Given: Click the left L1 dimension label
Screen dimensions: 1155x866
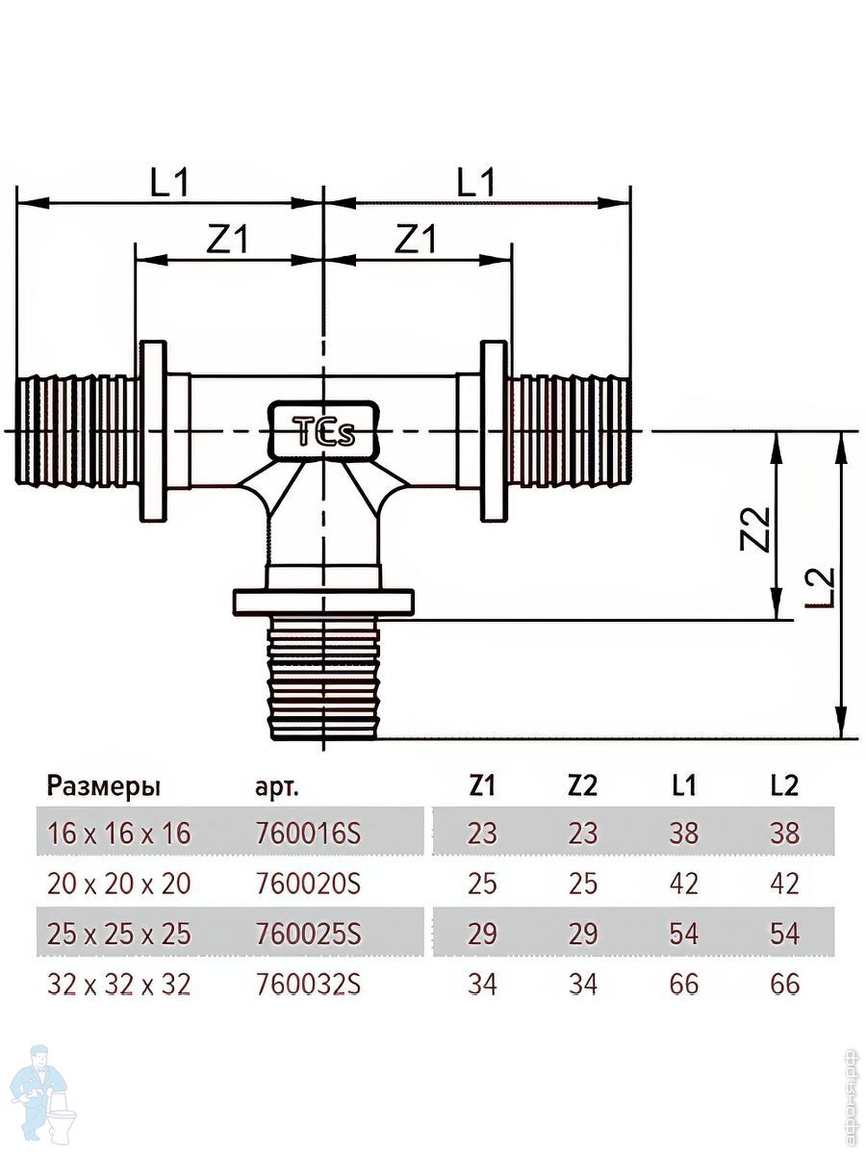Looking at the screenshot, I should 169,182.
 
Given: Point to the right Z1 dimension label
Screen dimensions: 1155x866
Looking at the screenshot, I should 416,238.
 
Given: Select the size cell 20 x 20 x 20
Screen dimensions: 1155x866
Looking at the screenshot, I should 118,884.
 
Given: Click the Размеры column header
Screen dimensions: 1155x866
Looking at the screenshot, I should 103,786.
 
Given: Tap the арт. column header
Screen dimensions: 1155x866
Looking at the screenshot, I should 277,787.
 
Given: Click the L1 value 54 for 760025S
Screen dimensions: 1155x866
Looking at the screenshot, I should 683,934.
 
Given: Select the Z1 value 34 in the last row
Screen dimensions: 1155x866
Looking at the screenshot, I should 482,985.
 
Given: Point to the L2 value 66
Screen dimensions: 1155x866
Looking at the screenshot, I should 785,985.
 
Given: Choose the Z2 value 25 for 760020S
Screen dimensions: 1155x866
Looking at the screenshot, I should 583,884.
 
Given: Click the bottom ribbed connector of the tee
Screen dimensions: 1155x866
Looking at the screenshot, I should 324,679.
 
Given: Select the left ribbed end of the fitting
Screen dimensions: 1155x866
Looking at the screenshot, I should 77,430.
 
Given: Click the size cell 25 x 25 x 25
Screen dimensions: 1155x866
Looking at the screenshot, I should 118,934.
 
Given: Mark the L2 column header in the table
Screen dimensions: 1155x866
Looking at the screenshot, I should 785,785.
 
